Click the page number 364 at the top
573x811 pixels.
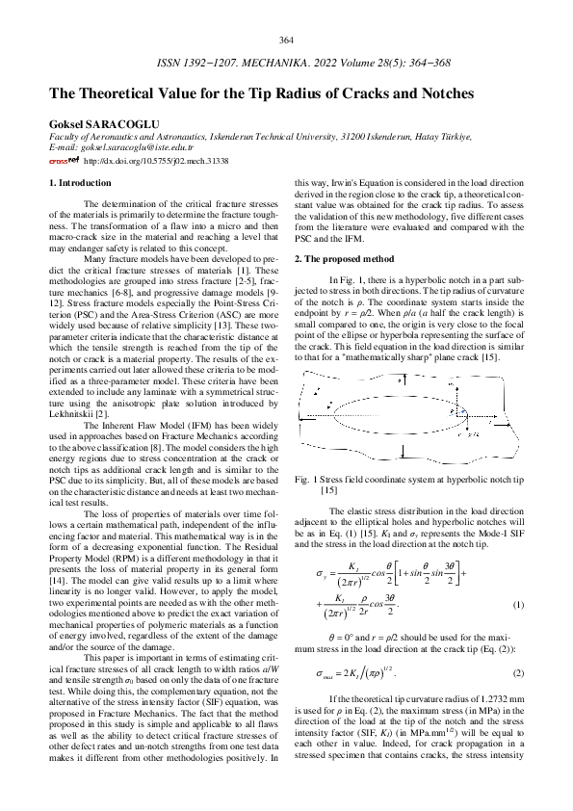286,39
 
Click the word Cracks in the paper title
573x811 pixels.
362,94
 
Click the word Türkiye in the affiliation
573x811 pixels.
452,138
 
